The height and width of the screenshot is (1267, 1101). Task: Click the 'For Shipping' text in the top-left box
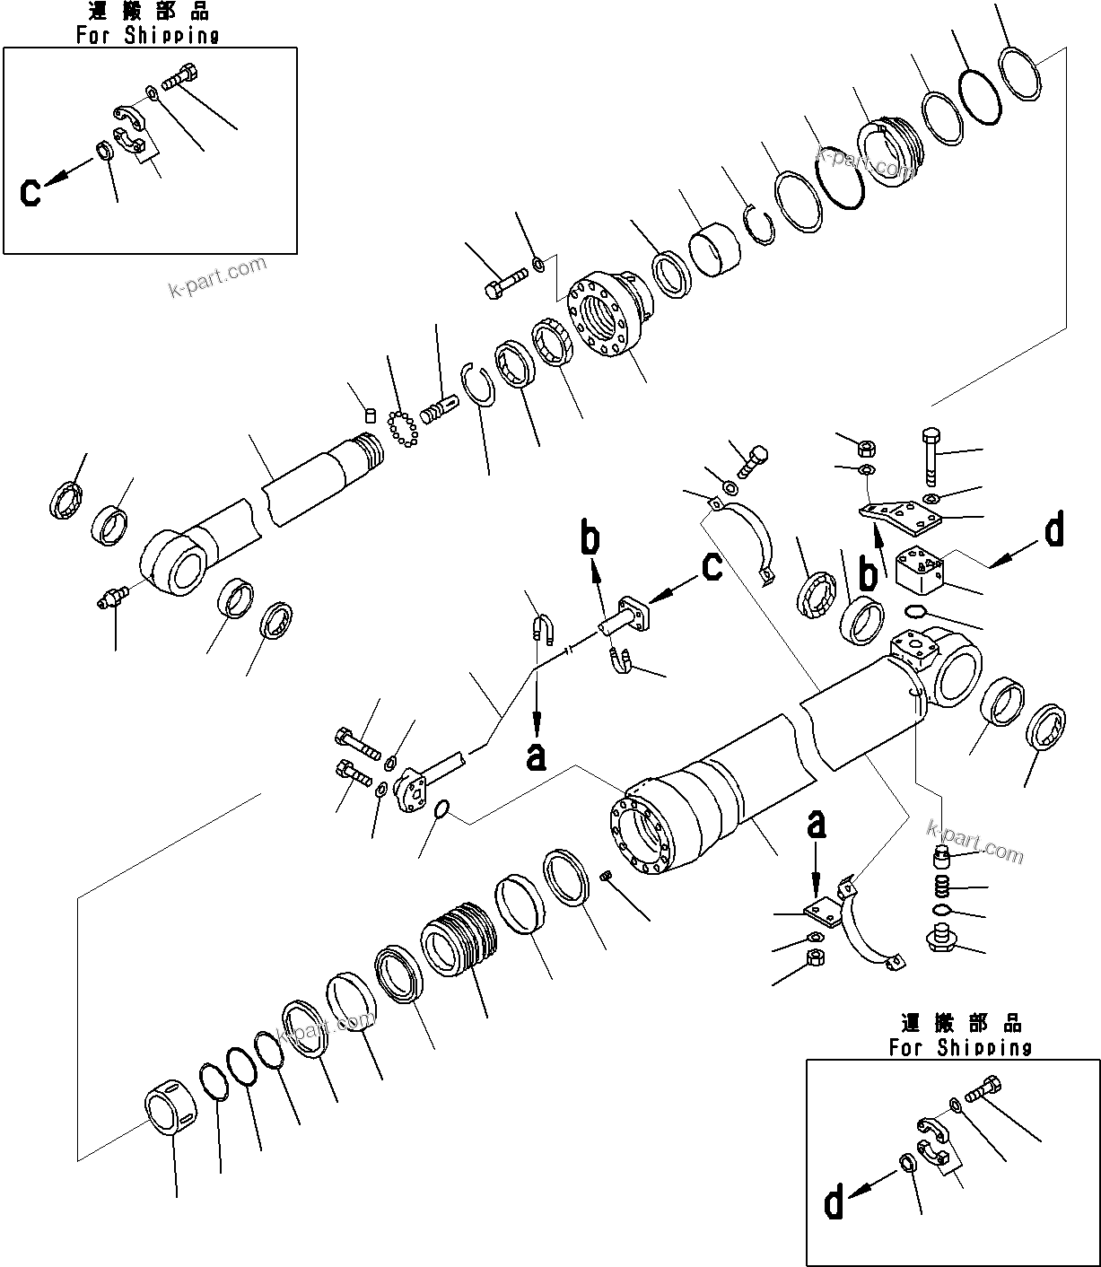[147, 35]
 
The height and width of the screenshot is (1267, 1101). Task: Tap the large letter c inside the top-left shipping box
[31, 192]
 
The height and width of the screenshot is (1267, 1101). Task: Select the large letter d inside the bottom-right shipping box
[834, 1203]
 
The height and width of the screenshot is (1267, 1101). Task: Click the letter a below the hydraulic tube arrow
[536, 758]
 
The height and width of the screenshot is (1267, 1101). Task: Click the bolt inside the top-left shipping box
[179, 78]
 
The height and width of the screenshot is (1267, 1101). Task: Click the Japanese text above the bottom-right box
[961, 1023]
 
